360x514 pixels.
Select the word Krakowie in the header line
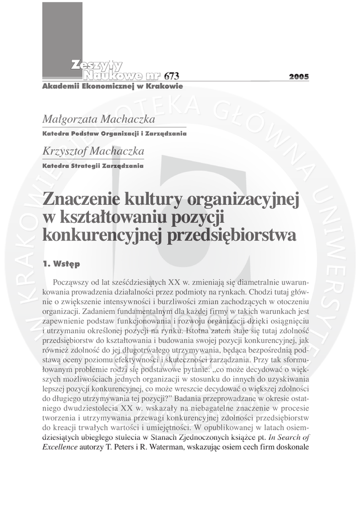tap(164, 86)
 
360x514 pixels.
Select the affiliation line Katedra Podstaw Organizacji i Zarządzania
tap(114, 134)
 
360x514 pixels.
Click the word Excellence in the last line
tap(60, 446)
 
